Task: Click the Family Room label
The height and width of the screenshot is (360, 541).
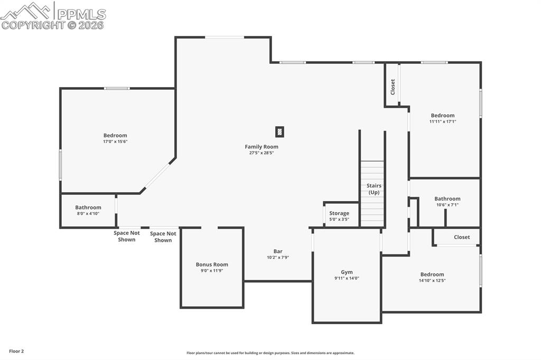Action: click(x=261, y=147)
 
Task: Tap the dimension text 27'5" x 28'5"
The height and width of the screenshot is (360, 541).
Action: click(x=261, y=153)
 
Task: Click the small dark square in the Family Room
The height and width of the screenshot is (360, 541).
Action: click(x=279, y=132)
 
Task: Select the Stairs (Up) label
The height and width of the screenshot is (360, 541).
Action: click(x=374, y=189)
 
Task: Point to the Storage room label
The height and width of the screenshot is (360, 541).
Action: click(x=339, y=213)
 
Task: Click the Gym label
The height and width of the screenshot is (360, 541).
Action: click(x=347, y=272)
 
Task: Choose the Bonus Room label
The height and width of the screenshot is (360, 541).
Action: click(x=212, y=264)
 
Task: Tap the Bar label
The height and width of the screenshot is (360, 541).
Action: click(x=277, y=251)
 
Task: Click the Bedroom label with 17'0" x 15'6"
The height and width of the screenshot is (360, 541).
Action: click(x=115, y=136)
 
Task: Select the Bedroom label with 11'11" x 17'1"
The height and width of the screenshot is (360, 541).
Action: click(x=442, y=116)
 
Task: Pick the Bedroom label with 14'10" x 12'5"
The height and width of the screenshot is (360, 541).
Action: click(x=432, y=274)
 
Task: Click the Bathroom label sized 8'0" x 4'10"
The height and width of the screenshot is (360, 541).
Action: click(x=88, y=207)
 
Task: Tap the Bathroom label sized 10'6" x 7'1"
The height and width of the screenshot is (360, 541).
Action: click(x=447, y=199)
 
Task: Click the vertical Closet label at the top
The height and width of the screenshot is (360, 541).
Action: click(x=393, y=87)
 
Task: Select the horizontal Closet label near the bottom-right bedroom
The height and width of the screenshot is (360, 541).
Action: click(x=461, y=237)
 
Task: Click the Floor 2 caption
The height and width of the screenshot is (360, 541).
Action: click(x=16, y=351)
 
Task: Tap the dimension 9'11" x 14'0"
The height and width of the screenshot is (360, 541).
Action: click(x=347, y=279)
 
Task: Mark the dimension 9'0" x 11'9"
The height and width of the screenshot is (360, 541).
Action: click(x=212, y=271)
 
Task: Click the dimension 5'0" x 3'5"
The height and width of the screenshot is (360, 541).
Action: click(x=339, y=219)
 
